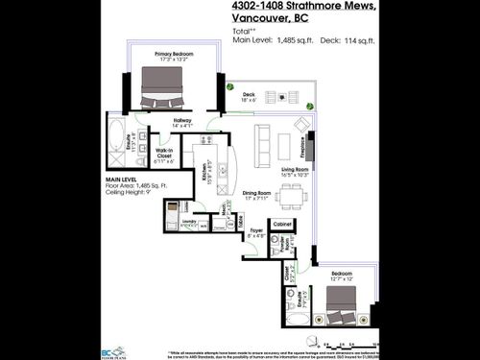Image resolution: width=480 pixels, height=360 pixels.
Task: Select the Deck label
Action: pyautogui.click(x=248, y=94)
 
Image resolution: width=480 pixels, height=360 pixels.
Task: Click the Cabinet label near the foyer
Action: pyautogui.click(x=282, y=224)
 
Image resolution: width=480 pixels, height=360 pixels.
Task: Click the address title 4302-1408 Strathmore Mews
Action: pyautogui.click(x=304, y=8)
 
